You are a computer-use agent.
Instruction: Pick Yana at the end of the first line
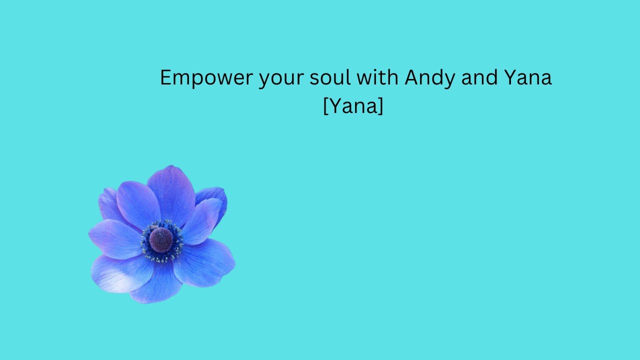pos(525,78)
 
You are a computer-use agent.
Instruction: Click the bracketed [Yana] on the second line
pos(353,106)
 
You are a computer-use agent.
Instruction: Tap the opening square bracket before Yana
pos(326,106)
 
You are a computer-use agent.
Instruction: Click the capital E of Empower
pos(165,78)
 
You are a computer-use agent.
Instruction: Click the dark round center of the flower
pos(161,240)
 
